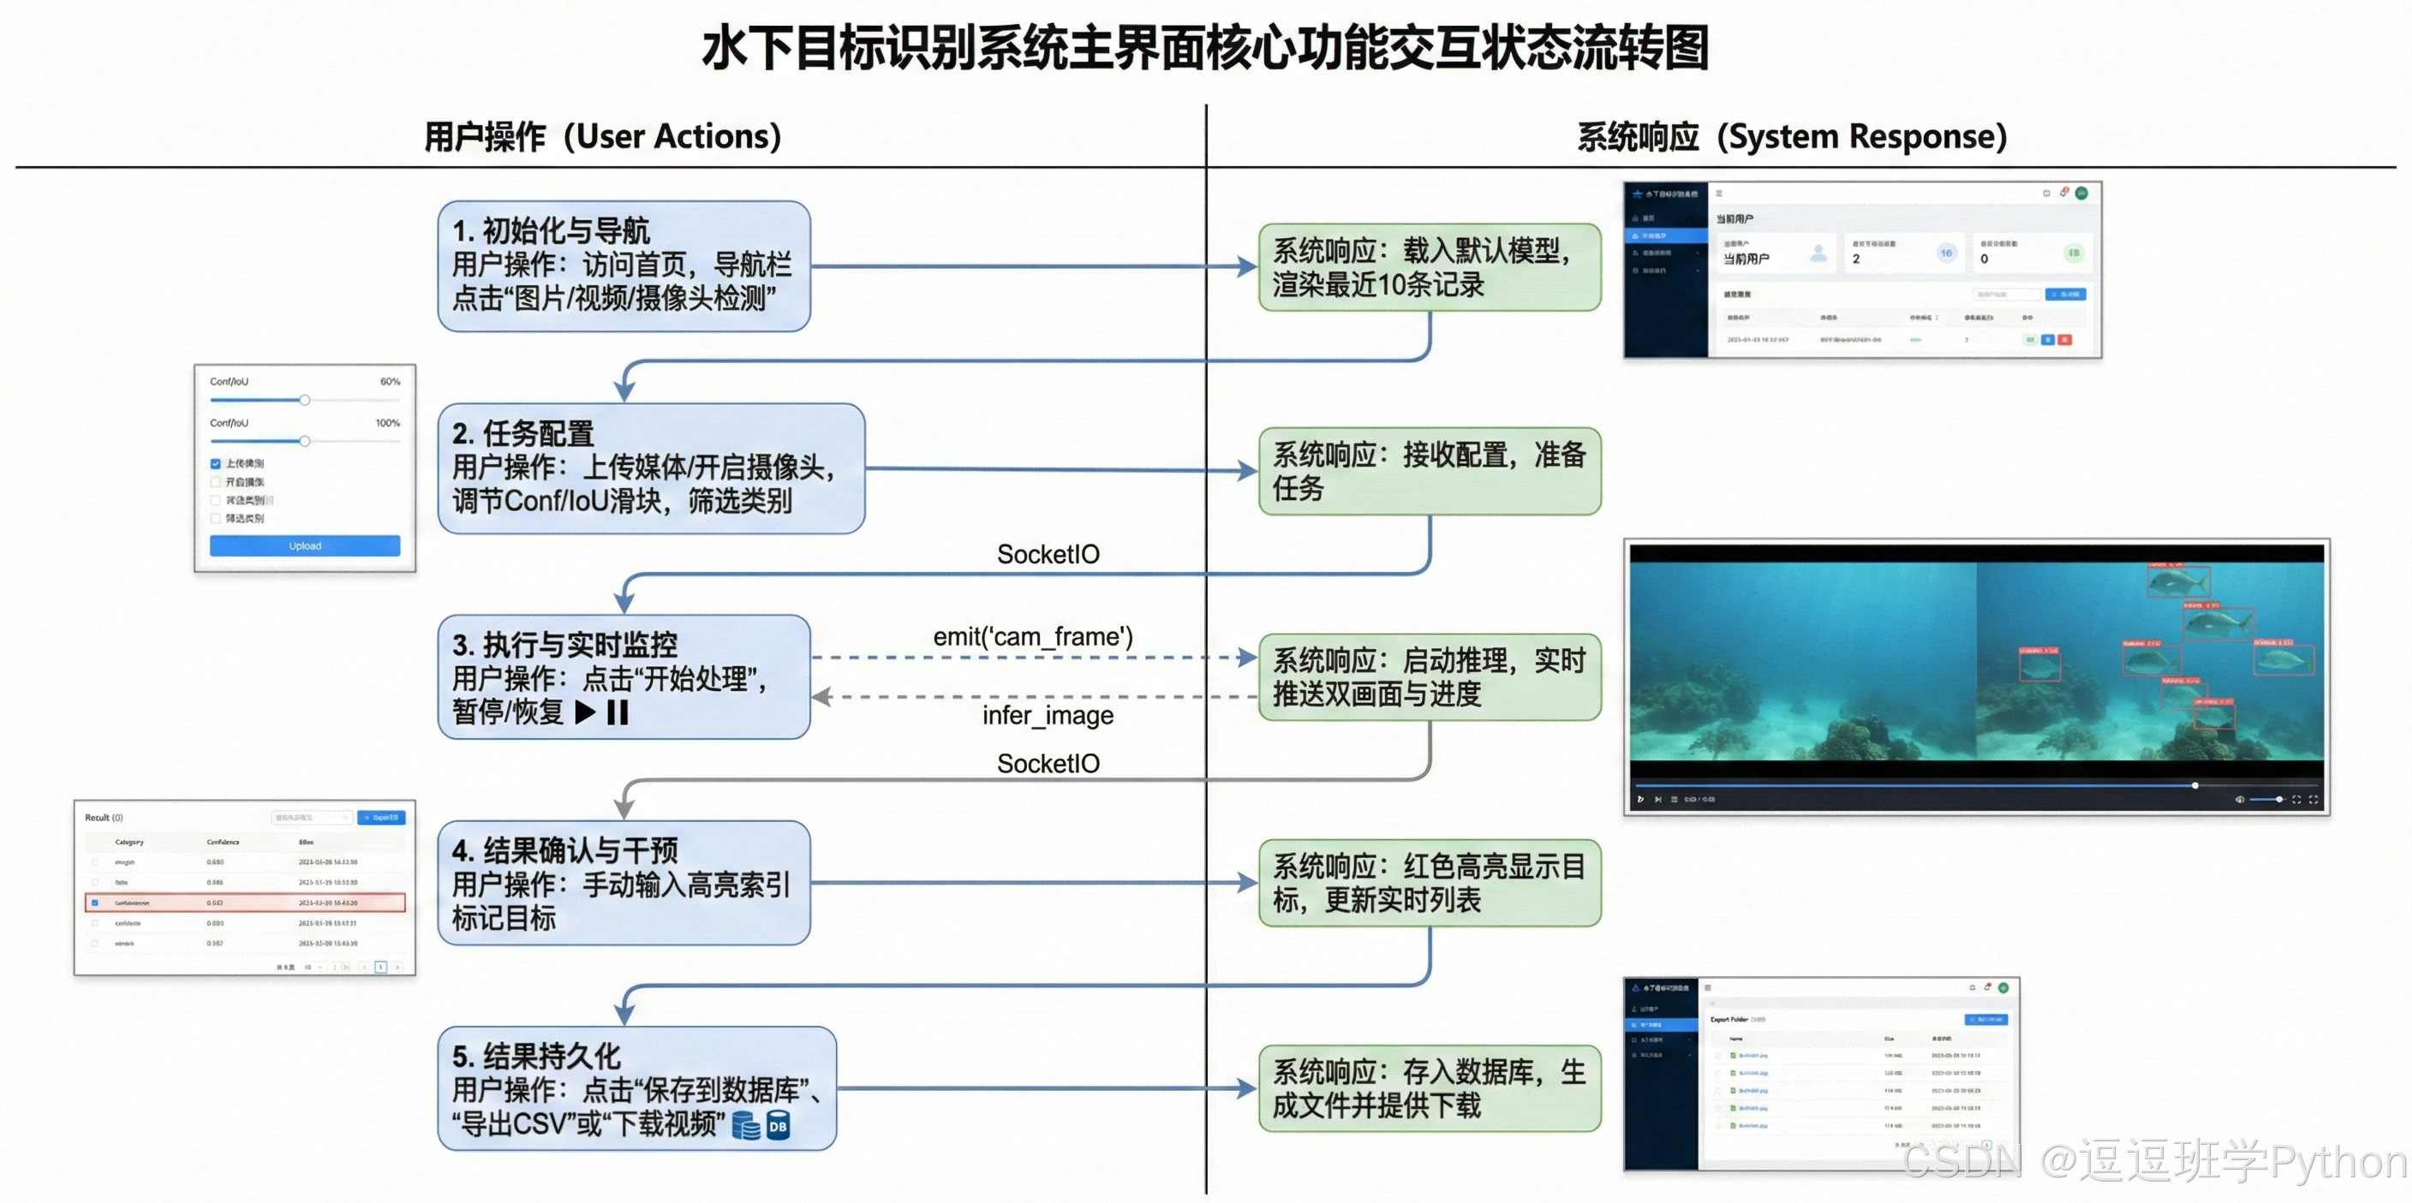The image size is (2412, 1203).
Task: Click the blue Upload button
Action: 304,545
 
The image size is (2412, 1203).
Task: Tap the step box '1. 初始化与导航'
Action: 624,266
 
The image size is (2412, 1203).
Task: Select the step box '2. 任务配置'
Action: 651,468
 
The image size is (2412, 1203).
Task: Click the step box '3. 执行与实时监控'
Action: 624,677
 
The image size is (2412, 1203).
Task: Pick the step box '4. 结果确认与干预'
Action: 624,883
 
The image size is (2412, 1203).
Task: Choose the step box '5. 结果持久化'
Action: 636,1089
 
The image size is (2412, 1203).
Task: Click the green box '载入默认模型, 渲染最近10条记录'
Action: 1429,268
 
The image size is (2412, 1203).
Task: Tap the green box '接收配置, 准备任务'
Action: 1429,471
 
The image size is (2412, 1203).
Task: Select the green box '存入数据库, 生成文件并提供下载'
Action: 1429,1089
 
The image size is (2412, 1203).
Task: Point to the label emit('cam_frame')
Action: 1033,637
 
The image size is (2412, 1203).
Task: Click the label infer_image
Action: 1048,715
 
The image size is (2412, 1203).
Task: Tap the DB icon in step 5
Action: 777,1126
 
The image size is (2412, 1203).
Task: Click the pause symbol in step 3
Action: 618,712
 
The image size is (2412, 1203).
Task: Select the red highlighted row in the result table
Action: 245,902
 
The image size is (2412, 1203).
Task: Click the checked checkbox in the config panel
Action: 215,463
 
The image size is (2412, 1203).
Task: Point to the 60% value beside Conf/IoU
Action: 390,382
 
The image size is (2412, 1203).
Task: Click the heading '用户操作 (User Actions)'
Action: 602,137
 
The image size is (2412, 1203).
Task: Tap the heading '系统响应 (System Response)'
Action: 1791,137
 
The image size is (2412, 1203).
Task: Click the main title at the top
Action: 1205,49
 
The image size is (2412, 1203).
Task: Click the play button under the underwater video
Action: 1640,799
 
